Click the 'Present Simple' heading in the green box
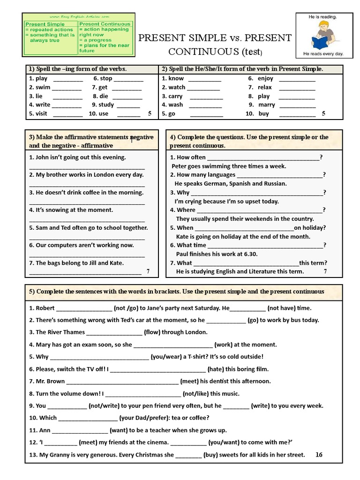point(45,24)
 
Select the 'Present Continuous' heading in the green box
point(105,23)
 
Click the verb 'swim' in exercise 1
point(43,87)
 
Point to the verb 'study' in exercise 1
point(106,105)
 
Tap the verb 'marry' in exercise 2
point(267,105)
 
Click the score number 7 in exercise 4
point(325,271)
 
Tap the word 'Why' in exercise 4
point(183,193)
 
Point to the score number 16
point(319,455)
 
